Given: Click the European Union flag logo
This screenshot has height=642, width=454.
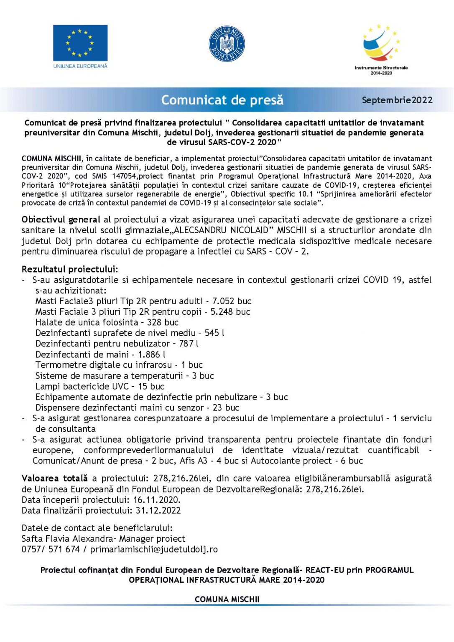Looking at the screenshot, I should tap(80, 43).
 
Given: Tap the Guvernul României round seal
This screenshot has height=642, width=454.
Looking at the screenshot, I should tap(227, 44).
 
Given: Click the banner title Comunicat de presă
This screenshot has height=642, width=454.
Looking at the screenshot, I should tap(222, 100).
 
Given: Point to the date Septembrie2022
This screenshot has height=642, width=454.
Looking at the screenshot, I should tap(397, 100).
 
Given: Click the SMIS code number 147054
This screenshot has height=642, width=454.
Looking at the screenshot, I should tap(124, 176).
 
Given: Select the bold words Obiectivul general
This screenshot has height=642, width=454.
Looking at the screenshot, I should tap(61, 219).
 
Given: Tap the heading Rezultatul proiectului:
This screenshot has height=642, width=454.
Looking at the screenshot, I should tap(70, 269).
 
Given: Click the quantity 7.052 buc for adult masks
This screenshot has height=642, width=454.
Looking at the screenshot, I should tap(232, 301).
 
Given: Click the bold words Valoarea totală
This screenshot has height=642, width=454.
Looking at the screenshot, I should tap(55, 478).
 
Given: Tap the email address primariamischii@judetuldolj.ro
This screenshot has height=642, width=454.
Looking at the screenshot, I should tap(154, 549).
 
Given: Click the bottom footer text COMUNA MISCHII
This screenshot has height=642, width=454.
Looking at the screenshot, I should tap(227, 599).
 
